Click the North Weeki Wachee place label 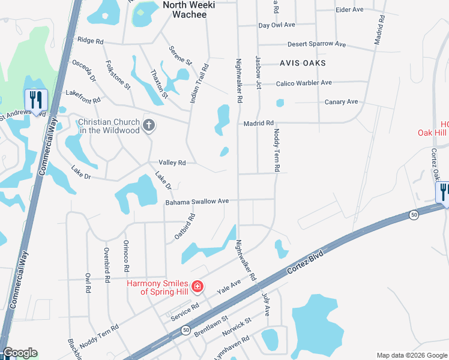click(x=184, y=10)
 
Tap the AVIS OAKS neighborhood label click(x=303, y=63)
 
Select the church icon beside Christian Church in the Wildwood click(x=149, y=125)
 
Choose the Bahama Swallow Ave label click(x=197, y=202)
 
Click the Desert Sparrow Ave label click(x=317, y=44)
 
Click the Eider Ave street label click(x=350, y=10)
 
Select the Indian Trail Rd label click(x=199, y=83)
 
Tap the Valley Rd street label click(x=172, y=163)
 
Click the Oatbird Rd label click(x=185, y=227)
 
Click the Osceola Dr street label click(x=84, y=70)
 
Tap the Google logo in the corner click(x=20, y=353)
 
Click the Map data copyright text click(x=412, y=355)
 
